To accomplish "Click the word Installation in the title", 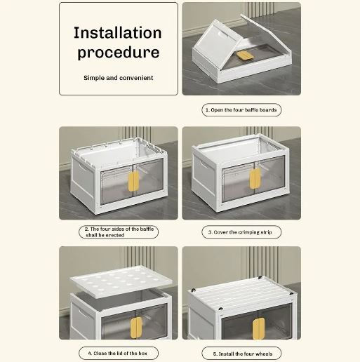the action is point(118,33).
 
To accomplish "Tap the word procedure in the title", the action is point(119,53).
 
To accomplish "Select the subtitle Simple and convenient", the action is point(119,78).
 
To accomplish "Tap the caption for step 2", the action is point(119,232).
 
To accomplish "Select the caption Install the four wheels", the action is point(241,354).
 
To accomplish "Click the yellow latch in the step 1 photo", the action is point(245,55).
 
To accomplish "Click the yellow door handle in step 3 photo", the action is point(255,179).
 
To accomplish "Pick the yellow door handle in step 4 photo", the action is point(136,328).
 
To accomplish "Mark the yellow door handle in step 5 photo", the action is point(258,328).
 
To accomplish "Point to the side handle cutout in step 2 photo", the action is point(82,166).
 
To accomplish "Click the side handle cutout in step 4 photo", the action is point(81,313).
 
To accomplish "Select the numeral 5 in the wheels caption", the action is point(215,354).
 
